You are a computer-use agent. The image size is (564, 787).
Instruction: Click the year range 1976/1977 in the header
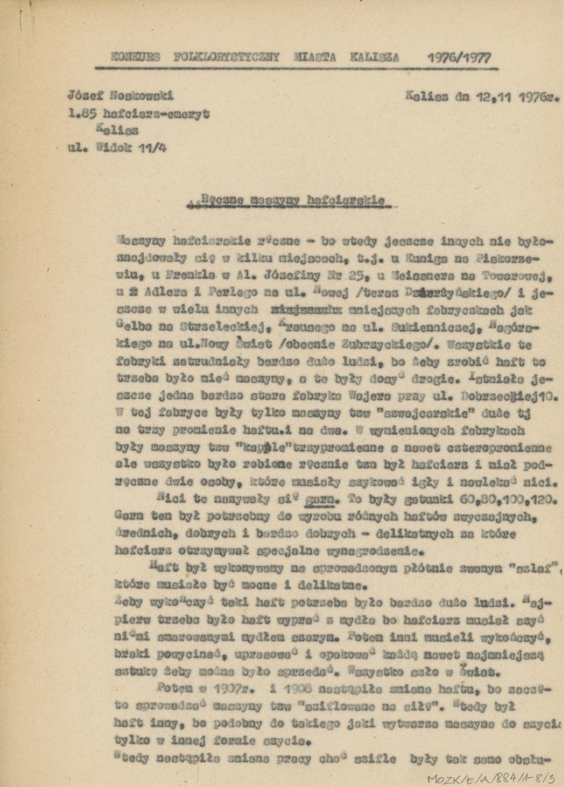(458, 58)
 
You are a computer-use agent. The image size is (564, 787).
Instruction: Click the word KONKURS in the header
(135, 57)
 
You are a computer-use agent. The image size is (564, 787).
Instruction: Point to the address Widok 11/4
(133, 146)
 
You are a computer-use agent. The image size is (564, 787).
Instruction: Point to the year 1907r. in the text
(228, 689)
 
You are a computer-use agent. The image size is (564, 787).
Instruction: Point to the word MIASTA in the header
(315, 57)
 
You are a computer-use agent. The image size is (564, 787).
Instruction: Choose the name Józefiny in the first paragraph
(293, 275)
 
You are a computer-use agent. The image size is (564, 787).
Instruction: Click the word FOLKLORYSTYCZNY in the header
(227, 57)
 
